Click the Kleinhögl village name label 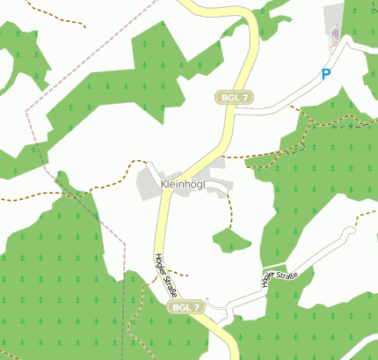(x=183, y=184)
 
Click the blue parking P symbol (x=326, y=75)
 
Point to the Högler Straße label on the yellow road (x=164, y=275)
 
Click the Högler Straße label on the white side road (x=280, y=278)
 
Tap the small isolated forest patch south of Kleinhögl (x=231, y=239)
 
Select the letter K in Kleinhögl (x=165, y=184)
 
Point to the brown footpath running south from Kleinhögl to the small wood (x=230, y=208)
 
